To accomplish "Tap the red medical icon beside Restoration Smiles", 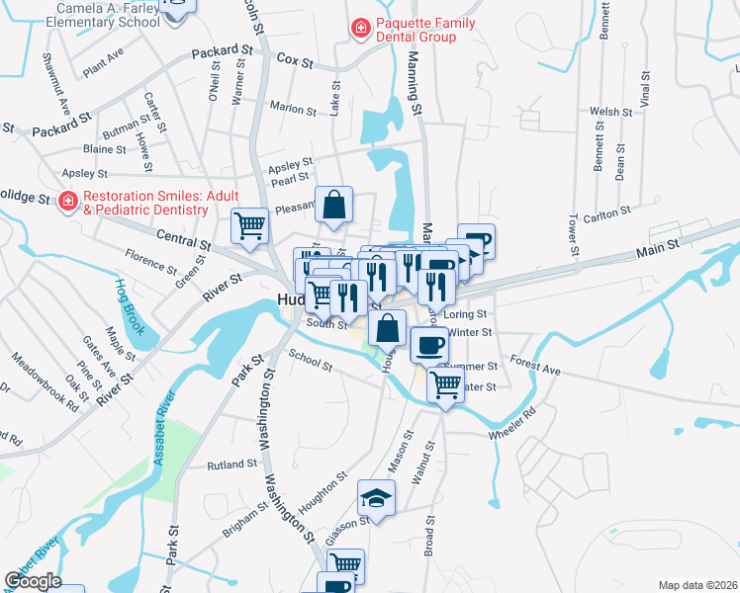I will tap(68, 203).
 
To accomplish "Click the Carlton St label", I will tap(606, 212).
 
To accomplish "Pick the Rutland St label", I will tap(231, 465).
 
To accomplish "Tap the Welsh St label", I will tap(609, 112).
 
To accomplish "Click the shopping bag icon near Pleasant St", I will tap(334, 204).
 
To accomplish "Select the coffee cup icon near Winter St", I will tap(429, 345).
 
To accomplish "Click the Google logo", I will tap(33, 581).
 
